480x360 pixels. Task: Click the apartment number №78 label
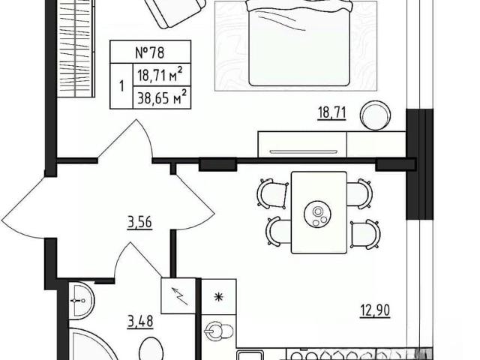point(150,52)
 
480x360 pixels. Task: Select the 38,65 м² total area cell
point(162,97)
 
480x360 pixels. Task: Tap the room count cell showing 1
point(121,86)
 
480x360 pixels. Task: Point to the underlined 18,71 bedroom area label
point(332,112)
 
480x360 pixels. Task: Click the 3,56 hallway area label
point(139,222)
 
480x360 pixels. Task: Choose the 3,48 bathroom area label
point(140,322)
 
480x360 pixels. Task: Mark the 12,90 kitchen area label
point(374,310)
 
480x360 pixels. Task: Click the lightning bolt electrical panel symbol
point(179,295)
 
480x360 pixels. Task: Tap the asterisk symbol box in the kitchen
point(218,296)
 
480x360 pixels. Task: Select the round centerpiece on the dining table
point(317,214)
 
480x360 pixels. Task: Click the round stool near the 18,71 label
point(375,115)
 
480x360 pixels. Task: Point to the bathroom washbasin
point(81,301)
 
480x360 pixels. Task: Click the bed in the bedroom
point(299,43)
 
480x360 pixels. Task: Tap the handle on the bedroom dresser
point(303,151)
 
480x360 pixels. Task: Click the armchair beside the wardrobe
point(173,12)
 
